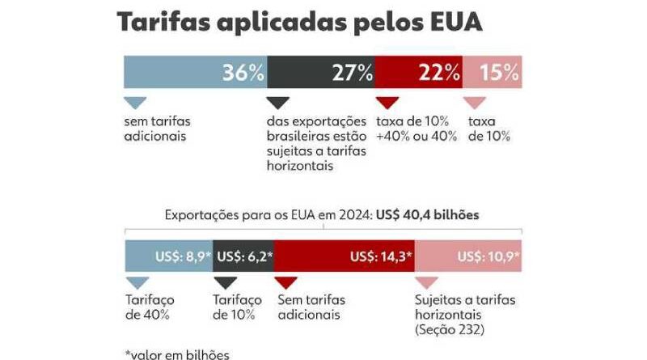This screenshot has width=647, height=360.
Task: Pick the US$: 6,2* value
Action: click(x=245, y=256)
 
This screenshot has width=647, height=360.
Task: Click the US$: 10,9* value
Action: click(x=488, y=256)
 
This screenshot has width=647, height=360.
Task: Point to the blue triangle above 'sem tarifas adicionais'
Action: click(x=135, y=103)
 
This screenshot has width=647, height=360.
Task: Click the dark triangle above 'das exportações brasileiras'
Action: click(x=277, y=103)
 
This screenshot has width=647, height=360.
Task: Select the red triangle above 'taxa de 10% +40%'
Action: click(x=387, y=103)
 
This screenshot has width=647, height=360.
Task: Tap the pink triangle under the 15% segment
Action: click(x=475, y=103)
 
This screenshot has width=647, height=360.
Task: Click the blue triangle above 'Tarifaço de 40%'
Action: click(x=135, y=282)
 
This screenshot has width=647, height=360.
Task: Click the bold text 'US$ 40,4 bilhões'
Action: click(x=428, y=216)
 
